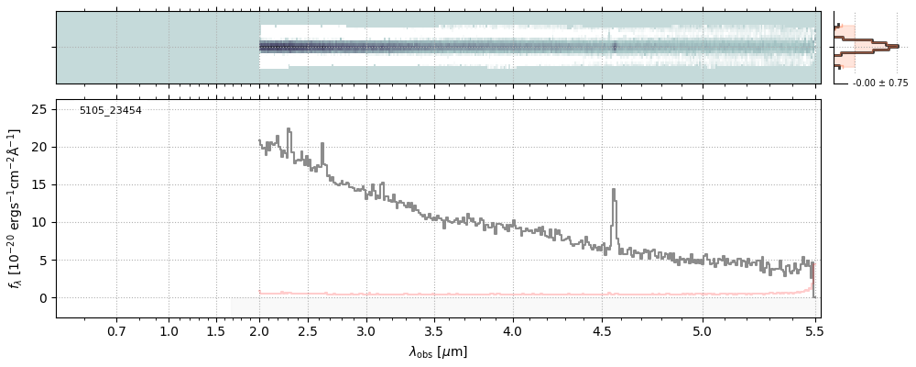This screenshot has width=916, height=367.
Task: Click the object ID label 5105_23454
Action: point(111,111)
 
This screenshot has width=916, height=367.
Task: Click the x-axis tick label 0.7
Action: point(116,330)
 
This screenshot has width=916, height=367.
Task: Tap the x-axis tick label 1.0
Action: point(169,330)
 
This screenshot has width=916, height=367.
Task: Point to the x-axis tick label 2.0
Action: point(259,330)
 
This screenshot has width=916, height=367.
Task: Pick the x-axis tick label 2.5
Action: point(312,330)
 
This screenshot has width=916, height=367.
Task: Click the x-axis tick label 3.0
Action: point(365,330)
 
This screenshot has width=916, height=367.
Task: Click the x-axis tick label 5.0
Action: point(703,330)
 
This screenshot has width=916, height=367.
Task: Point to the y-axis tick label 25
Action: point(39,109)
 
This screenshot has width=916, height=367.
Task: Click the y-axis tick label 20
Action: point(39,147)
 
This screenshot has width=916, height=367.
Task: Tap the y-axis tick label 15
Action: point(39,184)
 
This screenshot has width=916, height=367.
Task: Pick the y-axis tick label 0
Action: point(43,298)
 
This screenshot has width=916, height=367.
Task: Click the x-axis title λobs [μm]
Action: point(438,351)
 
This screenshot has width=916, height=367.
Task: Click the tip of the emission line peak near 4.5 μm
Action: point(614,190)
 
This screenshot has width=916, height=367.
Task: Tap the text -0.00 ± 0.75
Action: point(880,83)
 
